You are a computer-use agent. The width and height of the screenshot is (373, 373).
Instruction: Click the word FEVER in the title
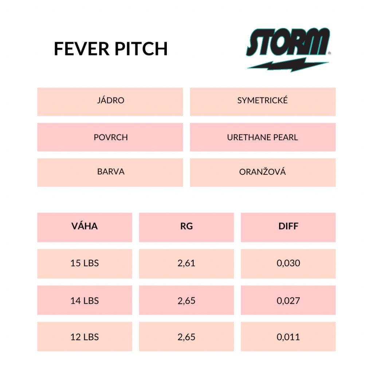click(x=82, y=49)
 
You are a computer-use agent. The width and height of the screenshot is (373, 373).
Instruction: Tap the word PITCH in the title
click(x=141, y=49)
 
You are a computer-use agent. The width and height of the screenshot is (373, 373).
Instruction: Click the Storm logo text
click(x=288, y=42)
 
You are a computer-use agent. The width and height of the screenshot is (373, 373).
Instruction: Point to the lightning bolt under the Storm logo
click(x=288, y=64)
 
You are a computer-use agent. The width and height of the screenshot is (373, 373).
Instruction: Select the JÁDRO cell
click(x=110, y=102)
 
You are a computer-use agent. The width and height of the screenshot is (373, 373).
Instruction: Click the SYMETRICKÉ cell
click(x=263, y=102)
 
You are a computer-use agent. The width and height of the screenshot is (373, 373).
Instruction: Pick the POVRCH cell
click(x=110, y=137)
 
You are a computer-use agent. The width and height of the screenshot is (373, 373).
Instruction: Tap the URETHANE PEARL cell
click(x=263, y=137)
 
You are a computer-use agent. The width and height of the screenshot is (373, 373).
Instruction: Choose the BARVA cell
click(x=110, y=172)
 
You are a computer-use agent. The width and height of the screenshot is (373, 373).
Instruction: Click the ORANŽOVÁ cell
click(x=263, y=172)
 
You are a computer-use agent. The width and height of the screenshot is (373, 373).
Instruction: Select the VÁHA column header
click(x=85, y=227)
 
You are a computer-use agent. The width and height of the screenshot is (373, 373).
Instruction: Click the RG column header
click(x=186, y=227)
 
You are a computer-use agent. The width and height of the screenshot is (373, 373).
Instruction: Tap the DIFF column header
click(x=288, y=227)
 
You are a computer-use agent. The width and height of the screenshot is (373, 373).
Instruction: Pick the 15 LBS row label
click(x=85, y=264)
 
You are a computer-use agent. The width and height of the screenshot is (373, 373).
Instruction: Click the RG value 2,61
click(x=186, y=264)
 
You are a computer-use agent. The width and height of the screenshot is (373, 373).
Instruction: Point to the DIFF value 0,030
click(x=288, y=264)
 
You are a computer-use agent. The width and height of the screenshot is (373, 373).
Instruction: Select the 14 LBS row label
click(x=85, y=300)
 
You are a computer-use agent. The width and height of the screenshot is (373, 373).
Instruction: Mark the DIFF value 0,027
click(x=288, y=300)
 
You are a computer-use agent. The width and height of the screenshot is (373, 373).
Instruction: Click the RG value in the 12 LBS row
click(x=186, y=337)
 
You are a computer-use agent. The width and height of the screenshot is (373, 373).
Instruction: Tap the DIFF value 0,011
click(x=288, y=337)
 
